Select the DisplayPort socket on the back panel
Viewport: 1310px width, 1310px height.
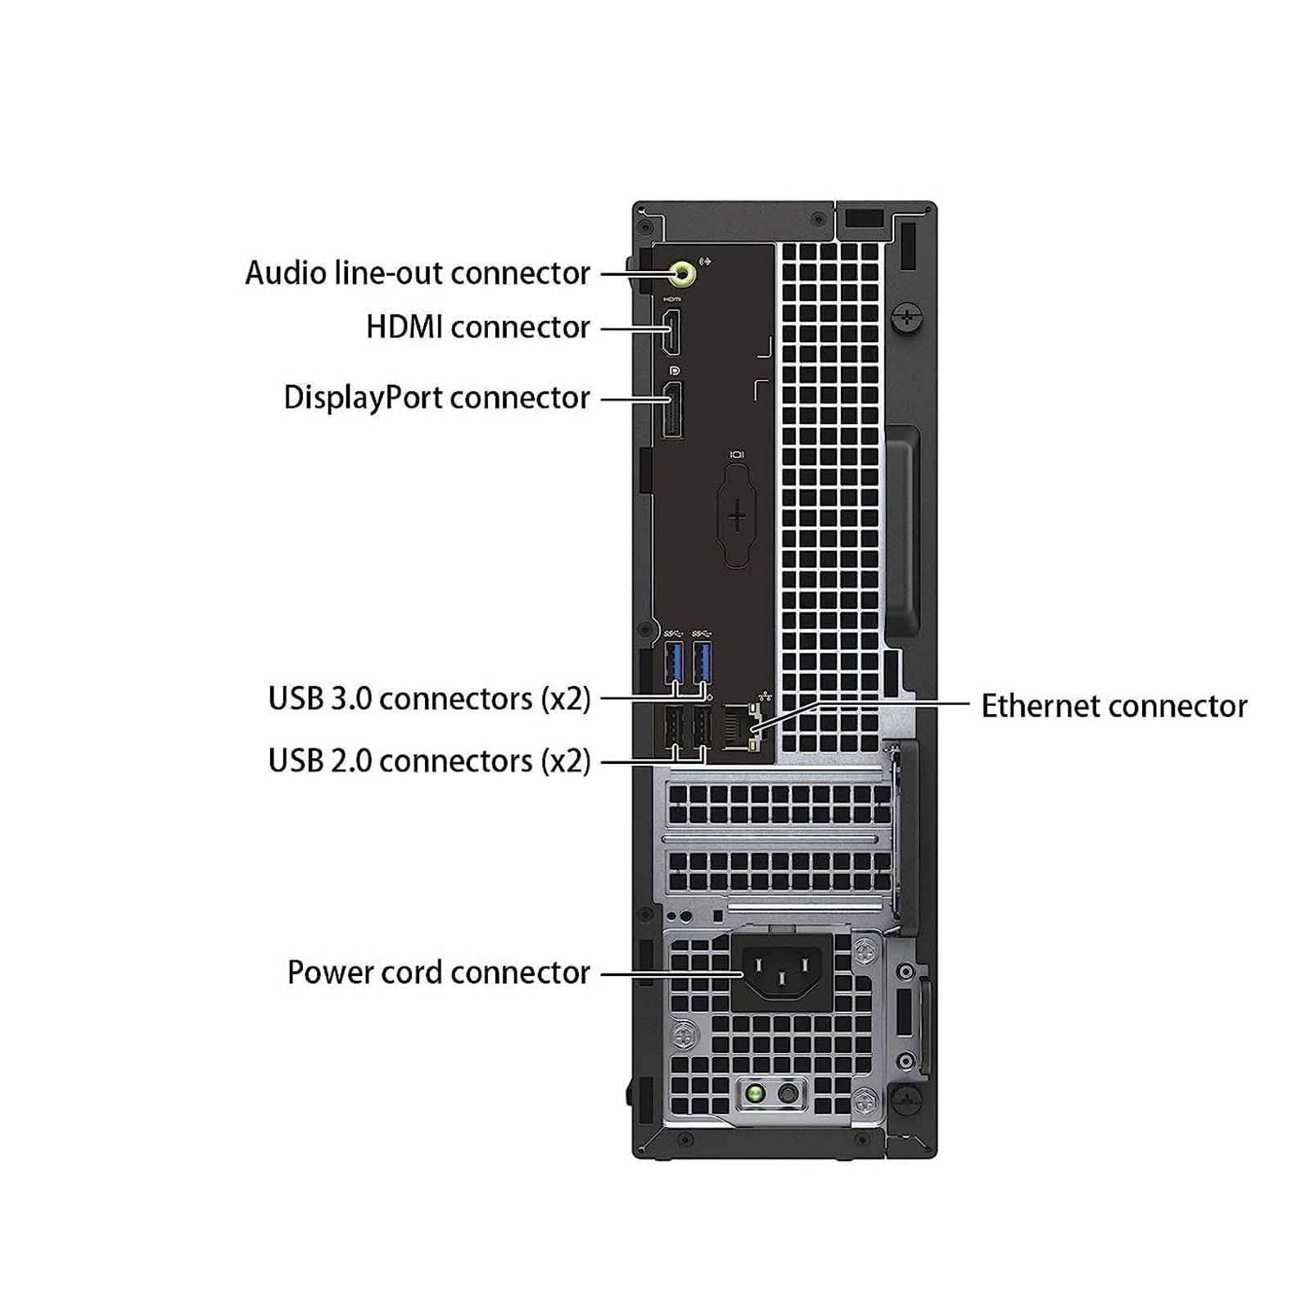pyautogui.click(x=672, y=410)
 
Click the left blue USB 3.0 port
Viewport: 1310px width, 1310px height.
pyautogui.click(x=675, y=662)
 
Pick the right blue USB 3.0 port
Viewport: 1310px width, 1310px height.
pyautogui.click(x=702, y=662)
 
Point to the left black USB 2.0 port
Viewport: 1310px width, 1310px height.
pyautogui.click(x=673, y=726)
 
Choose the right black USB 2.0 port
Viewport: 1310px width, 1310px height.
pyautogui.click(x=702, y=726)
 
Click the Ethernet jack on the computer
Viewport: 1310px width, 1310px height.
pyautogui.click(x=742, y=727)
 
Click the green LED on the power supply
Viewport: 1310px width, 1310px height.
pyautogui.click(x=756, y=1093)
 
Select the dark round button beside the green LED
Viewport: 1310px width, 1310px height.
pyautogui.click(x=788, y=1093)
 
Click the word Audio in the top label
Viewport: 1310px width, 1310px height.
pyautogui.click(x=287, y=273)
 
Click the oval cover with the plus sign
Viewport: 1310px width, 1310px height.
pyautogui.click(x=737, y=516)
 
